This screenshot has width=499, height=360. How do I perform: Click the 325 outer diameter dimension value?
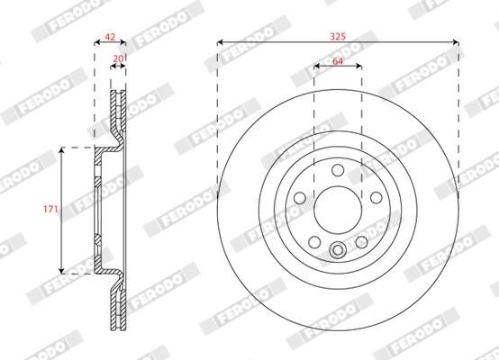[338, 35]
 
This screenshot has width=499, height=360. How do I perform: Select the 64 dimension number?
[338, 60]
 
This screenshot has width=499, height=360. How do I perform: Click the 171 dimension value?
[52, 210]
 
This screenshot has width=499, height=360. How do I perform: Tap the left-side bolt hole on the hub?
[300, 198]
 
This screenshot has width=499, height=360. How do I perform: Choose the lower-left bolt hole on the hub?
[314, 241]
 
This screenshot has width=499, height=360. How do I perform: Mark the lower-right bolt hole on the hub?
[361, 241]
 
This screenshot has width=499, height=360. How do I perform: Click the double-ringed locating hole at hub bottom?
[338, 251]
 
